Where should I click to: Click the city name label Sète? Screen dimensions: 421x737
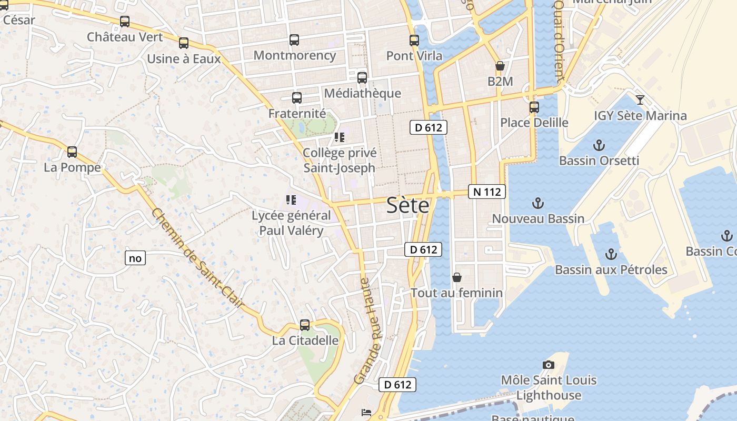click(408, 205)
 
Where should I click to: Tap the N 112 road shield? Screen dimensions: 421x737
click(487, 192)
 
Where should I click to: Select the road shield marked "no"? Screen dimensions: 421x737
click(135, 258)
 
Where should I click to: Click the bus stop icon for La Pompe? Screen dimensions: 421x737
click(72, 152)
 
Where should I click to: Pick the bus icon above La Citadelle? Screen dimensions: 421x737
click(305, 325)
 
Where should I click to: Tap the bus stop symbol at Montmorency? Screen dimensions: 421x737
click(294, 40)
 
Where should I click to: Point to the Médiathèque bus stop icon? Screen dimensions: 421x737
click(362, 78)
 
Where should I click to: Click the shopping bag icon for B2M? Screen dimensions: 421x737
click(500, 66)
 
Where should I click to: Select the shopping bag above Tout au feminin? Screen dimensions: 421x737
click(457, 277)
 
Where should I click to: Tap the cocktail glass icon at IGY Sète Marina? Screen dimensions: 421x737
click(640, 100)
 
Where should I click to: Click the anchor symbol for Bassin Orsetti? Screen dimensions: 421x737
click(599, 145)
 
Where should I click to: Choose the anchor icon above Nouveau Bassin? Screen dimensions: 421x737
click(538, 203)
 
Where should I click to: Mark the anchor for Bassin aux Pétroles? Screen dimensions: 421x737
click(611, 255)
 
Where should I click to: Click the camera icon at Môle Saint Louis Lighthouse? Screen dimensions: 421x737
click(549, 365)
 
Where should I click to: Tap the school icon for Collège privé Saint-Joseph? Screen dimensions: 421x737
click(340, 138)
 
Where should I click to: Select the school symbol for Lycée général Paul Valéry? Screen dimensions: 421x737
click(291, 200)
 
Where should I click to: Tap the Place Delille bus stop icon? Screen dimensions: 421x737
click(534, 107)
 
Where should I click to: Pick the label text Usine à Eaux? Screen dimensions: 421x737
click(184, 59)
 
